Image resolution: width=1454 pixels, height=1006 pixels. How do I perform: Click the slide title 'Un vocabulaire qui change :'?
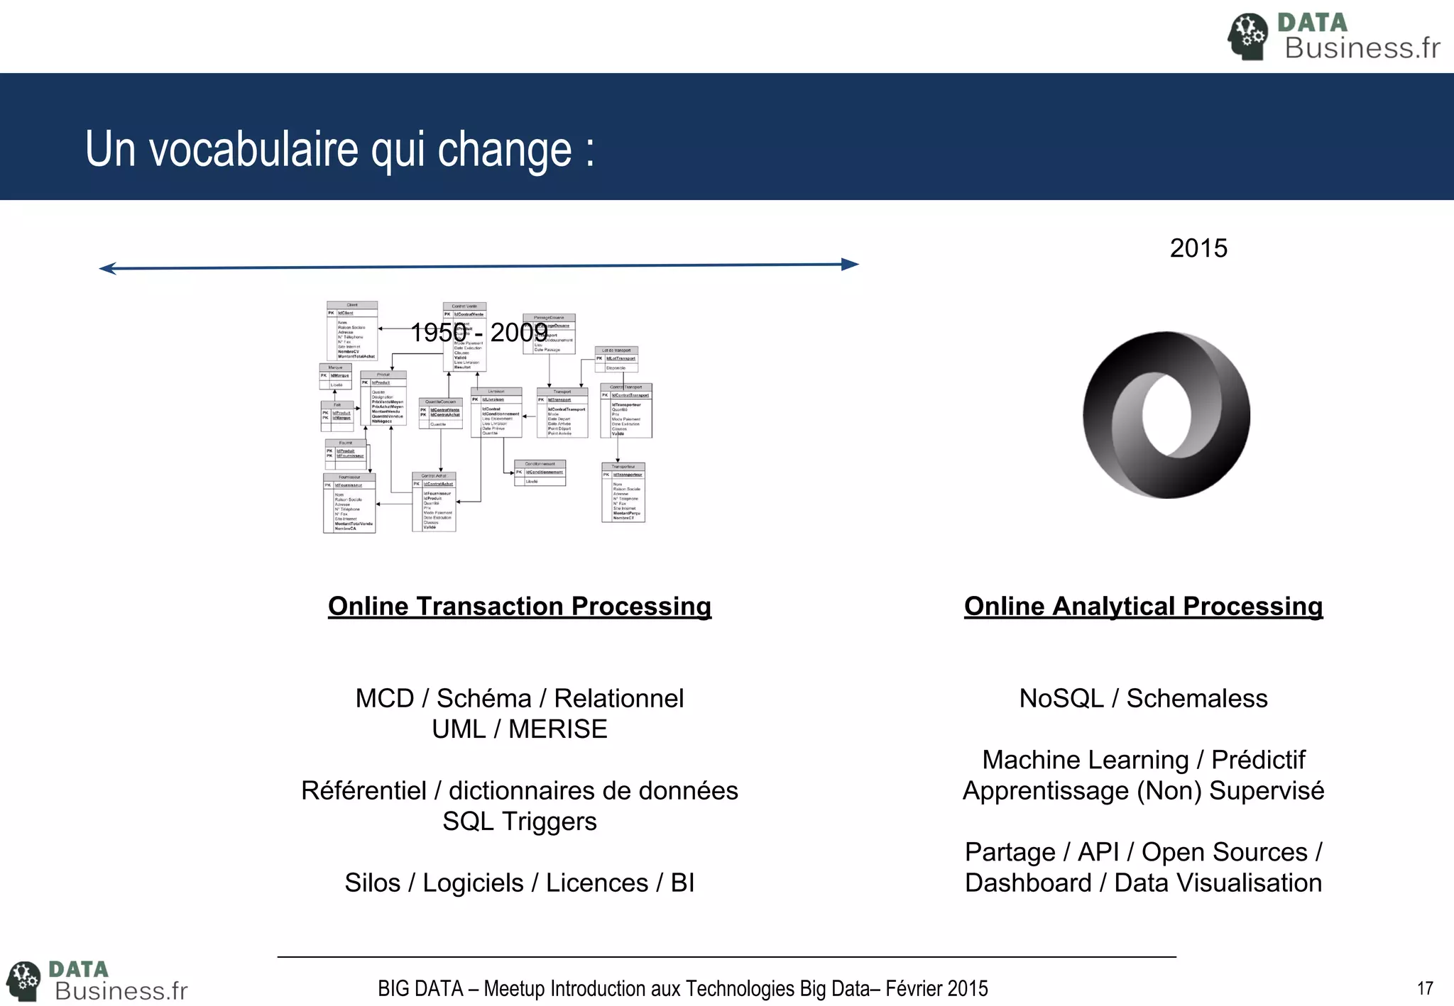click(x=339, y=149)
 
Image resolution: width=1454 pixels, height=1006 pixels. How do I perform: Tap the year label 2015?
click(x=1198, y=248)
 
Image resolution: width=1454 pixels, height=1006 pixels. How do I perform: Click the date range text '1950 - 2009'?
click(x=479, y=332)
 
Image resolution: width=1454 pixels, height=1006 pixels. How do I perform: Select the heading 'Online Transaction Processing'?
click(x=520, y=607)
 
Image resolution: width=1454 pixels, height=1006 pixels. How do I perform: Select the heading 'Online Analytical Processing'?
click(x=1143, y=607)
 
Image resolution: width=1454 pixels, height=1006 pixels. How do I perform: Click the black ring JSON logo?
click(x=1166, y=415)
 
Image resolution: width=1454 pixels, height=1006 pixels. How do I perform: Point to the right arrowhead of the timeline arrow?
click(x=850, y=265)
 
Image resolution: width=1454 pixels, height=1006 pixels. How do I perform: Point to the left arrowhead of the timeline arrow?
click(x=108, y=268)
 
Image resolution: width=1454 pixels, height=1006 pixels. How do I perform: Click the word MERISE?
click(x=558, y=729)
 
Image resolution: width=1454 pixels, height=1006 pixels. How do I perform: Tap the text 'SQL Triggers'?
click(x=520, y=822)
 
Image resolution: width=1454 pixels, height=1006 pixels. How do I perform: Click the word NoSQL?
click(x=1061, y=699)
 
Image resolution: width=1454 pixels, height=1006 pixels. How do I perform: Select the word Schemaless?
click(x=1197, y=699)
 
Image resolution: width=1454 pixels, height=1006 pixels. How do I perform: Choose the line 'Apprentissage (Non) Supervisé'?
click(x=1143, y=791)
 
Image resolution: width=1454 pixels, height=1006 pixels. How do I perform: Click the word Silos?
click(x=372, y=883)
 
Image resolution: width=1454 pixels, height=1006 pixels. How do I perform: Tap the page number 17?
click(x=1425, y=988)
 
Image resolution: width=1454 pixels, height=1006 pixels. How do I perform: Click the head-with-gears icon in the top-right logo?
click(x=1247, y=36)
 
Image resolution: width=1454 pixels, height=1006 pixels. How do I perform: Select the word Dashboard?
click(x=1028, y=883)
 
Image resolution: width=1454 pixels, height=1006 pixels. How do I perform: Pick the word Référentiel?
click(x=363, y=791)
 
